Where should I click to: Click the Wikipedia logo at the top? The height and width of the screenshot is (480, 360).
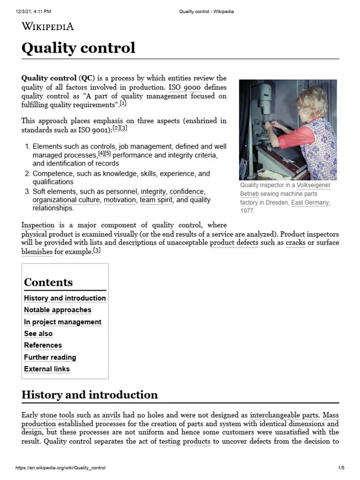click(48, 26)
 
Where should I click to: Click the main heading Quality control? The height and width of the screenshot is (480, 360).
click(78, 48)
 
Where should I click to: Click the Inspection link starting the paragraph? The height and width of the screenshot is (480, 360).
click(38, 225)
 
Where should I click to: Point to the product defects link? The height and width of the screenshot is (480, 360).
click(233, 243)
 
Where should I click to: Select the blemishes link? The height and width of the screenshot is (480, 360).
click(37, 252)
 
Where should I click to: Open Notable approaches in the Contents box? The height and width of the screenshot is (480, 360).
click(58, 310)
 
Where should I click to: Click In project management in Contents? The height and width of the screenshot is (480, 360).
click(62, 322)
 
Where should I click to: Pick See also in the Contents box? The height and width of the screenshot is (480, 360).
click(38, 334)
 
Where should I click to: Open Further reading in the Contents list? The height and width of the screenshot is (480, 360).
click(50, 357)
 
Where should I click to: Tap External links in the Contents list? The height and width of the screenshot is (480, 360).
click(47, 369)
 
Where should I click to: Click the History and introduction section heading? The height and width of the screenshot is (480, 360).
click(90, 395)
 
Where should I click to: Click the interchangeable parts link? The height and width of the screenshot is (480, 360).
click(284, 415)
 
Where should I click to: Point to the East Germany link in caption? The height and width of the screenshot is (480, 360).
click(310, 202)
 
